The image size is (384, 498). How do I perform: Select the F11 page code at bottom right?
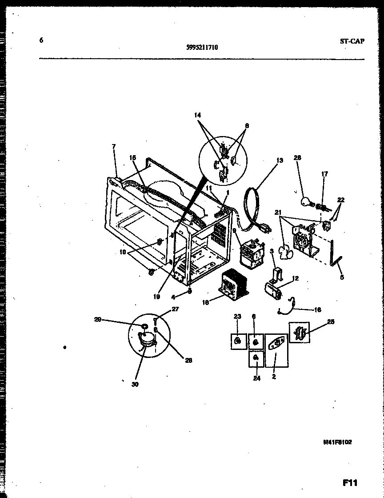coord(350,482)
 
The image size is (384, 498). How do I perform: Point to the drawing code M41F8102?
coord(337,442)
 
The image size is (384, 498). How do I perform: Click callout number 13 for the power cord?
coord(279,161)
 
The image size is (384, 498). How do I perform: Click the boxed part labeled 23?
coord(239,341)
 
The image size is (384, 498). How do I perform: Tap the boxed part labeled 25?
coord(299,332)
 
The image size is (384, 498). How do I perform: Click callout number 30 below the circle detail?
coord(135,384)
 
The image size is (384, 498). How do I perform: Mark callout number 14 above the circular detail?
coord(197,115)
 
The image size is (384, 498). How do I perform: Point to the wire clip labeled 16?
coord(287,306)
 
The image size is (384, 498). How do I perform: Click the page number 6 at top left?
coord(41,40)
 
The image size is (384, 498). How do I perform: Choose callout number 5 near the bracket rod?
coord(341,277)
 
